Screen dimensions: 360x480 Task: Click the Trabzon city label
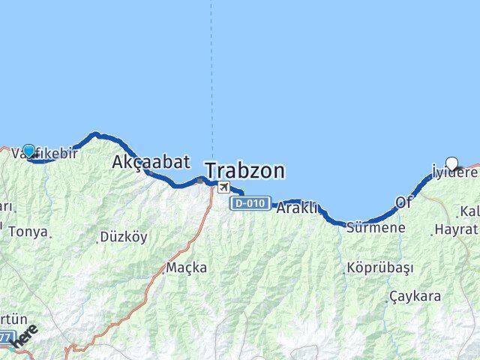click(245, 171)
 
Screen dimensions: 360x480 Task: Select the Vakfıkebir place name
click(45, 153)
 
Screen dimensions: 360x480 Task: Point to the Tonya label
click(28, 232)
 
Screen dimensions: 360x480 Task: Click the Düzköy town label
click(124, 237)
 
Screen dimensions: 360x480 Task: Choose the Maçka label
click(187, 267)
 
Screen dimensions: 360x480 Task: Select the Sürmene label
click(375, 226)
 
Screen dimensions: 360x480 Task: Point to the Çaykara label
click(415, 296)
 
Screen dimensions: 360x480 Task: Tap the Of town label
click(404, 202)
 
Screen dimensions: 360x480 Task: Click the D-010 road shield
click(250, 204)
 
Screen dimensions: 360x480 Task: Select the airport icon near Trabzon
click(223, 186)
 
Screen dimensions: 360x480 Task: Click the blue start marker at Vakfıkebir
click(28, 151)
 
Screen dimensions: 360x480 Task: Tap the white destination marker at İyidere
click(451, 162)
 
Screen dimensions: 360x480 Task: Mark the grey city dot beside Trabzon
click(198, 180)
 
